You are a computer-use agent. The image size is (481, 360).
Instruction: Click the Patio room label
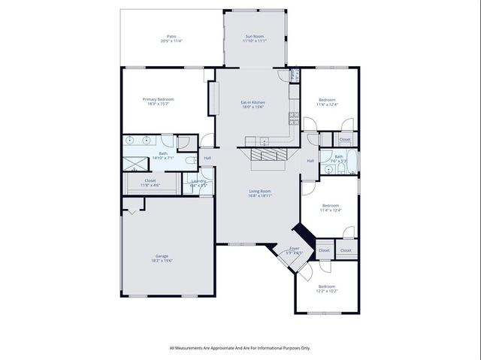coord(171,37)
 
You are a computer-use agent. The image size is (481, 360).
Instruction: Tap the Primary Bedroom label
coord(159,99)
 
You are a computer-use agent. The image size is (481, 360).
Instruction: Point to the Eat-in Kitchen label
coord(253,102)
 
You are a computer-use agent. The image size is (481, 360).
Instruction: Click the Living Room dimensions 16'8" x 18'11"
coord(260,195)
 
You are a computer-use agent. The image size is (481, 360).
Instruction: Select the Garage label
coord(162,256)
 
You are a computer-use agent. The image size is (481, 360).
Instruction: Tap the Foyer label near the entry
coord(295,248)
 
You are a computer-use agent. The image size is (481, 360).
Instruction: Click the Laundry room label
coord(198,180)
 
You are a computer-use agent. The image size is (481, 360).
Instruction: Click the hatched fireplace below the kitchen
coord(268,155)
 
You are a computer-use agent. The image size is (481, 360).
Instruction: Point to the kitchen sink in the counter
coord(264,141)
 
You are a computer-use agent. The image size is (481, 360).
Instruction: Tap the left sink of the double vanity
coord(129,141)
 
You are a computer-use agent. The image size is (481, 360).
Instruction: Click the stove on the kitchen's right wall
coord(293,117)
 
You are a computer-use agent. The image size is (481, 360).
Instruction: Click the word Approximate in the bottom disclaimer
coord(228,347)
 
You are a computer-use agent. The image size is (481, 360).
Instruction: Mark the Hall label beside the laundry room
coord(207,158)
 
